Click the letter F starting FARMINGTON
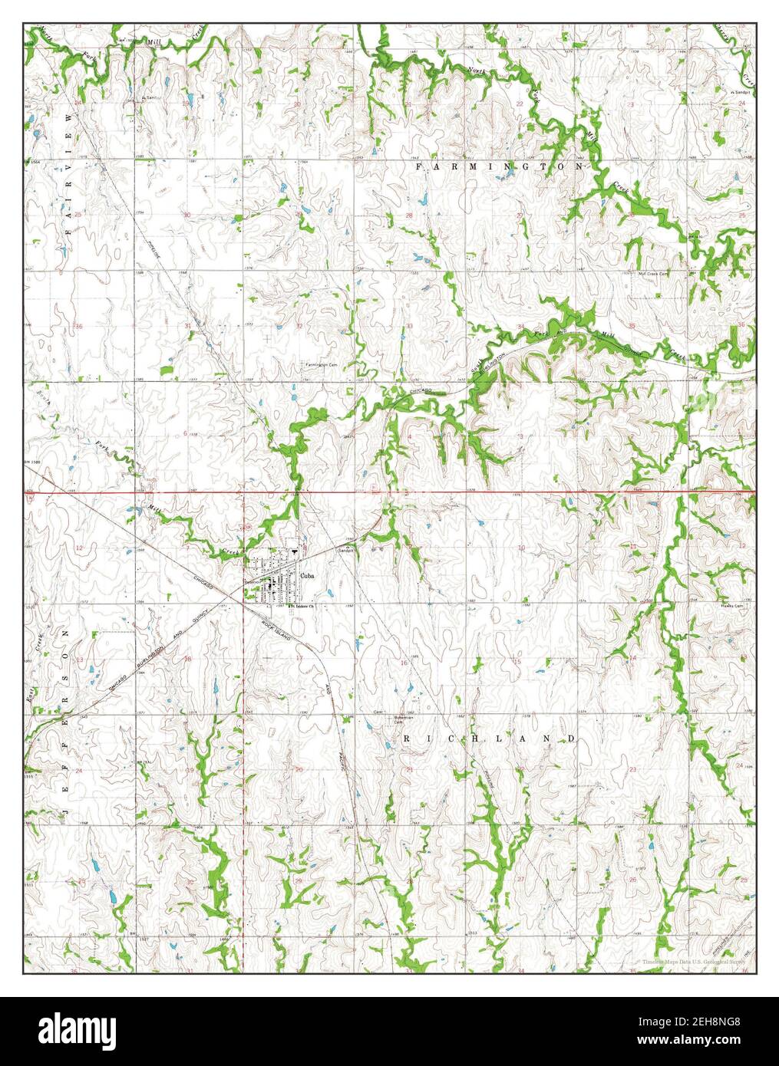pyautogui.click(x=418, y=166)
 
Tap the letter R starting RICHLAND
pyautogui.click(x=408, y=738)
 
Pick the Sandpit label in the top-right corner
pyautogui.click(x=741, y=92)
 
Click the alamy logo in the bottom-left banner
pyautogui.click(x=78, y=1029)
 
